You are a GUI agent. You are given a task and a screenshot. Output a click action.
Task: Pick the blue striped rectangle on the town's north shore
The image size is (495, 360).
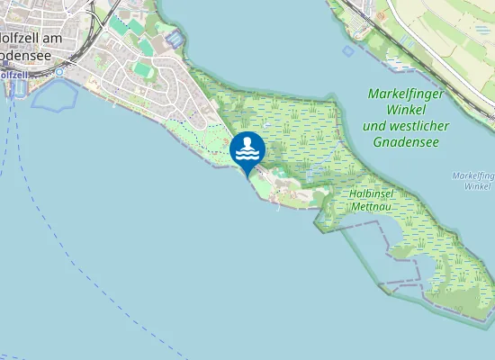tap(175, 40)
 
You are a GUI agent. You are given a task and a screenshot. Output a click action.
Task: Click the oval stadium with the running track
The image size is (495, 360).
tap(143, 68)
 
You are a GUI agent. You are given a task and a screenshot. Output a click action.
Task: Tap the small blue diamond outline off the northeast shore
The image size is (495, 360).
tap(348, 50)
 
